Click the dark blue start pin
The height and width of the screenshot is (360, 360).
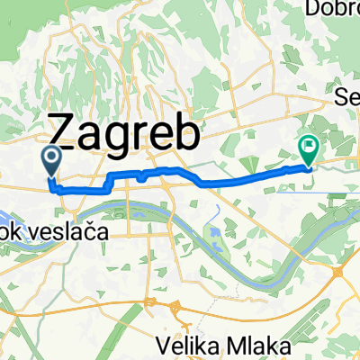(x=51, y=160)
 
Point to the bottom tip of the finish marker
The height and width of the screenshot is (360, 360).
(x=308, y=166)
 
